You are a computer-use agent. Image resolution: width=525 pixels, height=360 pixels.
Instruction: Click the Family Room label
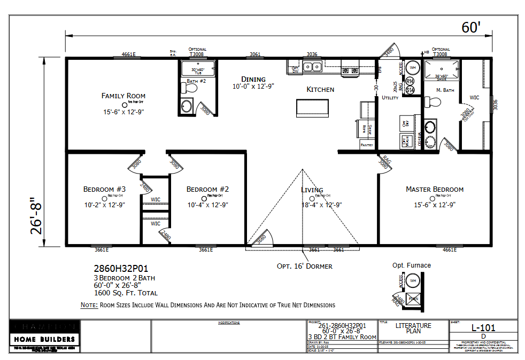(x=123, y=96)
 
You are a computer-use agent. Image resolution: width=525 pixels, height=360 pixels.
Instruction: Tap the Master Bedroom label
(x=434, y=189)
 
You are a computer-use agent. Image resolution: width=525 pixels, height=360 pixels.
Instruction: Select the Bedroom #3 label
(x=104, y=189)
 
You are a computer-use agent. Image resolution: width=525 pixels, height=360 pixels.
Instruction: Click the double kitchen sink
(x=311, y=67)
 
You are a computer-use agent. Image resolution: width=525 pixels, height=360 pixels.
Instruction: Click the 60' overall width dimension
(x=471, y=27)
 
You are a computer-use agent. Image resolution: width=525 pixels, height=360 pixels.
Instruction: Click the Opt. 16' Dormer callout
(x=304, y=266)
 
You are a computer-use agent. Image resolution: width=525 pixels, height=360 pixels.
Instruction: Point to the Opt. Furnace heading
(x=411, y=265)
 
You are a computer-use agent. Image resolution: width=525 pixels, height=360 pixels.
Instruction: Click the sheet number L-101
(x=482, y=327)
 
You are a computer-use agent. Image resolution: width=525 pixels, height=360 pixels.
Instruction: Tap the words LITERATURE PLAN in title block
(x=413, y=328)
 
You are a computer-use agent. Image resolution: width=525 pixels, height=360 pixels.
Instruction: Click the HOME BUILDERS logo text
(x=44, y=339)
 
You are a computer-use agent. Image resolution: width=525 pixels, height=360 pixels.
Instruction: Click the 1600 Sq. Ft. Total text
(x=126, y=293)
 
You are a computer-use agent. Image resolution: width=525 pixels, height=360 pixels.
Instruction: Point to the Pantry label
(x=367, y=145)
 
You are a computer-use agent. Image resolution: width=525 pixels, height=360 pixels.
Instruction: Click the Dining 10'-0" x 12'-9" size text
(x=253, y=86)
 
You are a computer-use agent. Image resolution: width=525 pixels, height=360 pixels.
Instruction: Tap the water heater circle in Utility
(x=413, y=68)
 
